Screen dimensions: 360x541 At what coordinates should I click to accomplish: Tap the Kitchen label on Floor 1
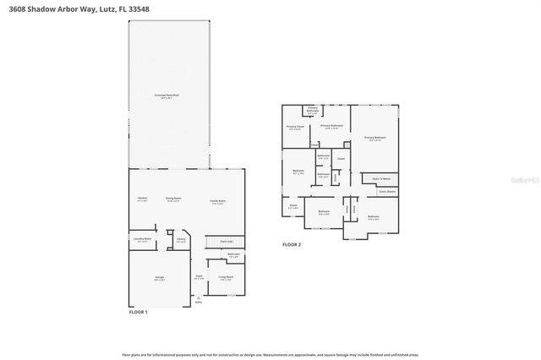(x=143, y=199)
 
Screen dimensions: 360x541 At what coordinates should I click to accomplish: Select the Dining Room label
(x=172, y=199)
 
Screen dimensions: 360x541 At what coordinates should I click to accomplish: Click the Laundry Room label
(x=143, y=239)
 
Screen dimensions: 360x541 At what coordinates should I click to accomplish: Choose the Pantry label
(x=181, y=240)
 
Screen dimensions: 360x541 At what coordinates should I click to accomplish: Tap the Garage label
(x=160, y=279)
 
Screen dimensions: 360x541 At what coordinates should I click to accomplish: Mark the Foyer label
(x=199, y=277)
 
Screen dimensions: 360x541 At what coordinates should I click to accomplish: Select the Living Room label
(x=226, y=277)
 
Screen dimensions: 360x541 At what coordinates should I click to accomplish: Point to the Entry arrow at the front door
(x=199, y=299)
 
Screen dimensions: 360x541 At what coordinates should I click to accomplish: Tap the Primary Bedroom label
(x=374, y=138)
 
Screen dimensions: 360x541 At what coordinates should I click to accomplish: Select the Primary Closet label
(x=293, y=128)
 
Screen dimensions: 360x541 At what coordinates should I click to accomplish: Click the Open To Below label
(x=381, y=179)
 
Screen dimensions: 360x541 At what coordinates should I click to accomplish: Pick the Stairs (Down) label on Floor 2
(x=386, y=192)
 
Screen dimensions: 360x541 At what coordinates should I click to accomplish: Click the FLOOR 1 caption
(x=138, y=313)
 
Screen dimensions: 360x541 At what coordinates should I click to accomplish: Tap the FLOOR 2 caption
(x=292, y=245)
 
